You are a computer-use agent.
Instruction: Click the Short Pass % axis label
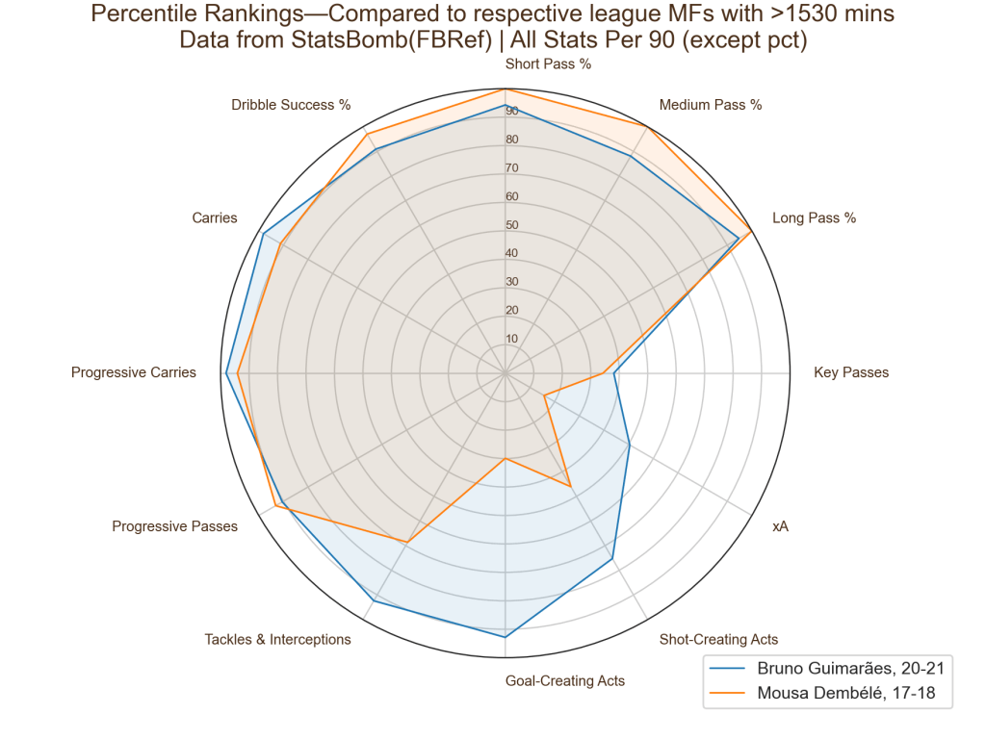click(548, 64)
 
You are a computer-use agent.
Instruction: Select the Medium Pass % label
click(710, 105)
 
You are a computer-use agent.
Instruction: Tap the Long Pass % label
click(814, 218)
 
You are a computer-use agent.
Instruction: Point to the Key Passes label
click(851, 372)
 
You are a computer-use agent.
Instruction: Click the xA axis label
click(780, 527)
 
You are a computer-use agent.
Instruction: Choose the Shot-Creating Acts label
click(718, 639)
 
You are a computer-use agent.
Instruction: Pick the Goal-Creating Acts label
click(565, 681)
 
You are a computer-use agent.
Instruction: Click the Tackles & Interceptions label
click(277, 639)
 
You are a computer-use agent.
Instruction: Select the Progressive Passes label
click(174, 526)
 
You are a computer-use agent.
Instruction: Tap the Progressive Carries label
click(134, 372)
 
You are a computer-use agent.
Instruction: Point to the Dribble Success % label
click(291, 105)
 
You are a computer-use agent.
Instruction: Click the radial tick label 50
click(511, 226)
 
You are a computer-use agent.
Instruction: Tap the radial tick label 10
click(511, 339)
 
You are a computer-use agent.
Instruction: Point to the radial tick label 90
click(511, 113)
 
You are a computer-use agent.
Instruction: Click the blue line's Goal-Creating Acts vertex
click(505, 637)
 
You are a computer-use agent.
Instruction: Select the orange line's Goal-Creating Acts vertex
click(505, 459)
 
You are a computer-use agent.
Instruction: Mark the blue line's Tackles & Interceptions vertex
click(373, 601)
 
